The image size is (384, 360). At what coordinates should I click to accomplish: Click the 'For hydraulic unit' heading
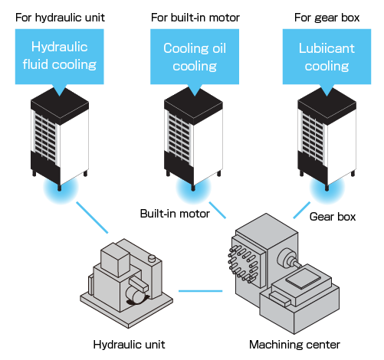click(60, 18)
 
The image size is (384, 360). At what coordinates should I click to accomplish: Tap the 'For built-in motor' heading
click(195, 18)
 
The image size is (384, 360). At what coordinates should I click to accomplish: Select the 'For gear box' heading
click(327, 18)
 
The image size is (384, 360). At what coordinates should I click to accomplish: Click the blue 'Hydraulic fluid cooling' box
click(60, 57)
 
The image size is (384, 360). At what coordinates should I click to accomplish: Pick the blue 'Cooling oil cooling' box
click(195, 57)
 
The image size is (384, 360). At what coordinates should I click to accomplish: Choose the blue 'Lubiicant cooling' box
click(327, 57)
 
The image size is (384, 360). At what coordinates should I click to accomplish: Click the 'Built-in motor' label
click(175, 214)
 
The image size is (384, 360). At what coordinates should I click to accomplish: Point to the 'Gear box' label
click(333, 217)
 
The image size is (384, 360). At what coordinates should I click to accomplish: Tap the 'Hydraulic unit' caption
click(129, 345)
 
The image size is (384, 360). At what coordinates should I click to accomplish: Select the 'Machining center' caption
click(294, 345)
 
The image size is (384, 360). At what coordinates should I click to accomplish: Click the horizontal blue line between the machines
click(200, 291)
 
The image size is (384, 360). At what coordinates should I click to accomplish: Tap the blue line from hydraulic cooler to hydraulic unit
click(92, 218)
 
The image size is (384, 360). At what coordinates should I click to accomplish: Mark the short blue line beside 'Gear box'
click(302, 210)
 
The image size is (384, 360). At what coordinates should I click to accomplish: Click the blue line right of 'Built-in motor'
click(218, 210)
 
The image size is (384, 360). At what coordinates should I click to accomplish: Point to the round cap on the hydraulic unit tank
click(152, 258)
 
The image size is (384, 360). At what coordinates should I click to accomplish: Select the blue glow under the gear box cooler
click(327, 188)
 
